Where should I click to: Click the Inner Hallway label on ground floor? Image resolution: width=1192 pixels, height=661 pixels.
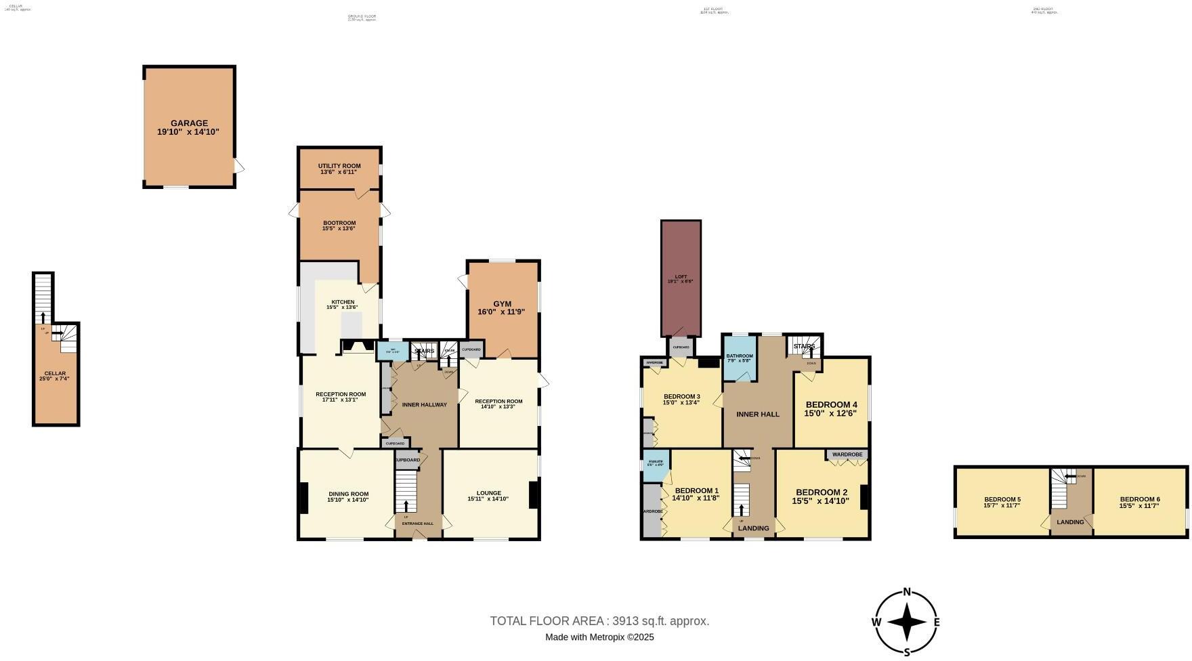coord(425,405)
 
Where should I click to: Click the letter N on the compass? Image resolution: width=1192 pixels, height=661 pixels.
coord(907,591)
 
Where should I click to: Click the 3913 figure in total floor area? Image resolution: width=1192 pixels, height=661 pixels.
coord(624,621)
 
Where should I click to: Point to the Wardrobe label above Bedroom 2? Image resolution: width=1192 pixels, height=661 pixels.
coord(847,454)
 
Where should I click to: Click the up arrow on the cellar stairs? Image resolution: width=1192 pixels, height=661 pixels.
coord(43,317)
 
